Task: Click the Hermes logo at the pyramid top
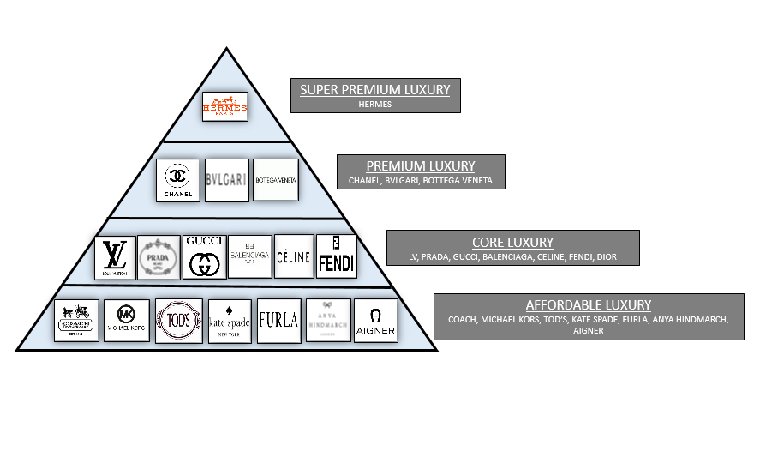point(224,107)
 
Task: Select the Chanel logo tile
point(178,180)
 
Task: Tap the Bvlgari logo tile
point(227,180)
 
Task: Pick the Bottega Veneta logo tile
point(276,180)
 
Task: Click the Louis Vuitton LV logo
point(115,257)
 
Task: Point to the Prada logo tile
point(159,257)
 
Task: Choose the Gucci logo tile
point(204,256)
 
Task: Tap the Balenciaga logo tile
point(249,256)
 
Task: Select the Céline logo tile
point(294,256)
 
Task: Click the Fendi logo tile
point(336,256)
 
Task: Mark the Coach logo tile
point(77,321)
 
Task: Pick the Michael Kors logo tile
point(127,321)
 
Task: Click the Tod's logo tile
point(178,321)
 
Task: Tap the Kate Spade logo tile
point(230,321)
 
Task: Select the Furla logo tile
point(278,321)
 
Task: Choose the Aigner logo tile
point(375,321)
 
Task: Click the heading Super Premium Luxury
point(375,89)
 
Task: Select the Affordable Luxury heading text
point(588,304)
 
